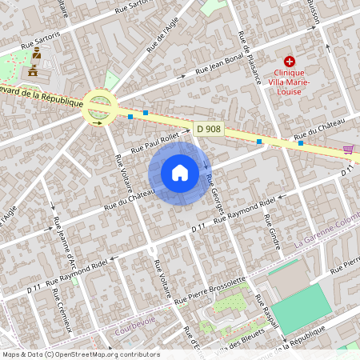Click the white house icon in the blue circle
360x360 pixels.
point(180,173)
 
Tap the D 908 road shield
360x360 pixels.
point(208,128)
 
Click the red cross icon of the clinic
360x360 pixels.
point(290,61)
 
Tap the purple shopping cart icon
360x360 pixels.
point(348,149)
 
